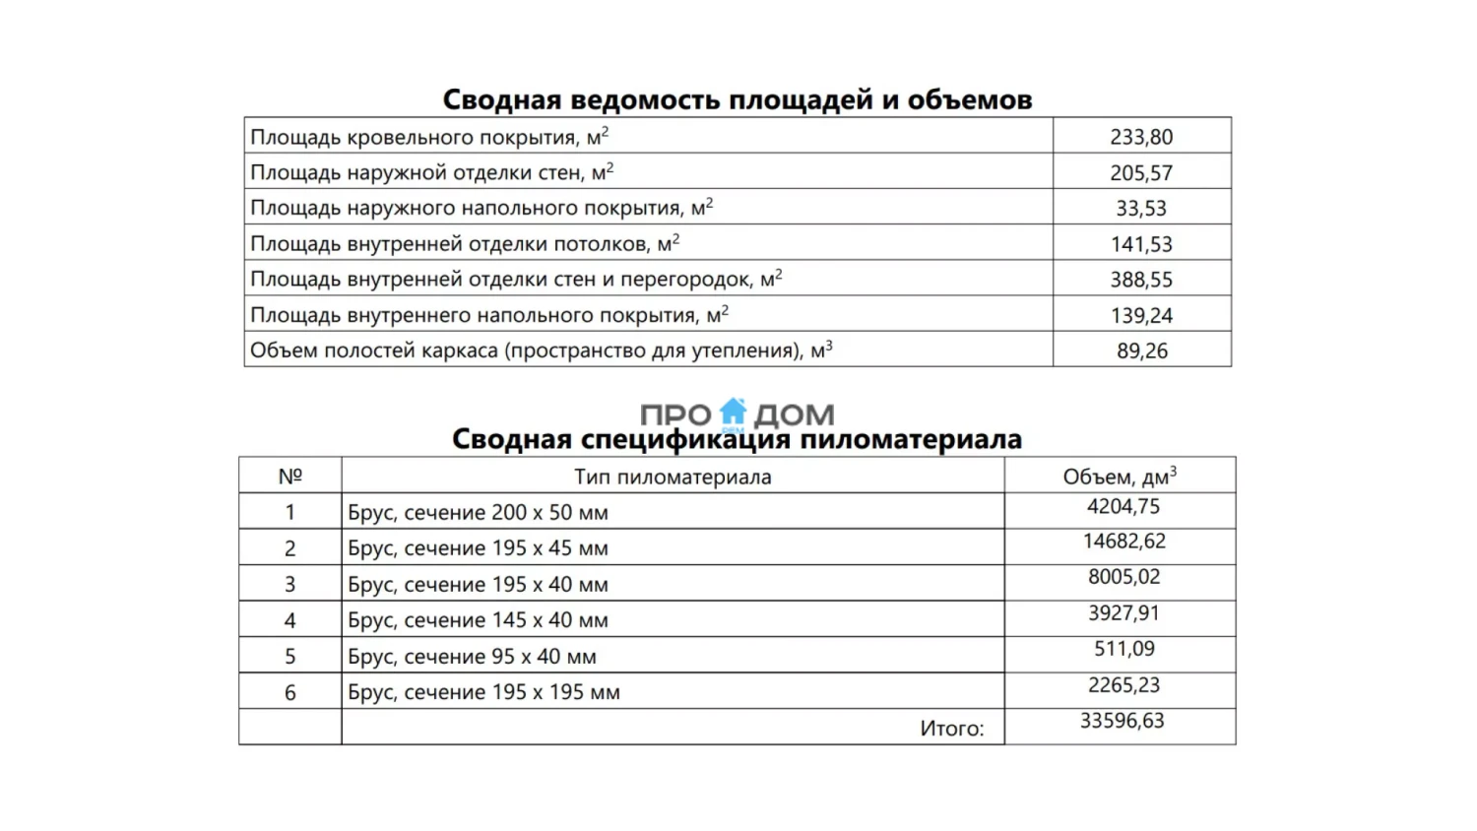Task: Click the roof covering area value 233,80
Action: [x=1141, y=137]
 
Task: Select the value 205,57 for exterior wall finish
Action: [x=1141, y=173]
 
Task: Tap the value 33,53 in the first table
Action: [x=1141, y=209]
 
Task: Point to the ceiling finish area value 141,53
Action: [x=1141, y=244]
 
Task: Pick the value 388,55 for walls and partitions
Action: [x=1141, y=280]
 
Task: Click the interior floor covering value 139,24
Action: [x=1141, y=316]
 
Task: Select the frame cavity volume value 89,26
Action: [x=1141, y=352]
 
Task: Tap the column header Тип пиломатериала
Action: [x=673, y=478]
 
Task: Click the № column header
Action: [x=289, y=477]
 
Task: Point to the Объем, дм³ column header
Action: [x=1120, y=478]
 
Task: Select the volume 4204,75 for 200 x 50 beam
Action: [x=1124, y=507]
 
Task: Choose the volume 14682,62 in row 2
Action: [x=1124, y=542]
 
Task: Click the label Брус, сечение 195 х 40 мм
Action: [x=478, y=585]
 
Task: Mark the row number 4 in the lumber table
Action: [x=289, y=620]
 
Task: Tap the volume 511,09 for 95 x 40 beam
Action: [x=1124, y=649]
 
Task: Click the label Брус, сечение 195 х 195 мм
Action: [x=483, y=692]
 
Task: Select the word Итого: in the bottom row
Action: [x=951, y=729]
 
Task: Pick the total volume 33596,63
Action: [x=1122, y=721]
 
